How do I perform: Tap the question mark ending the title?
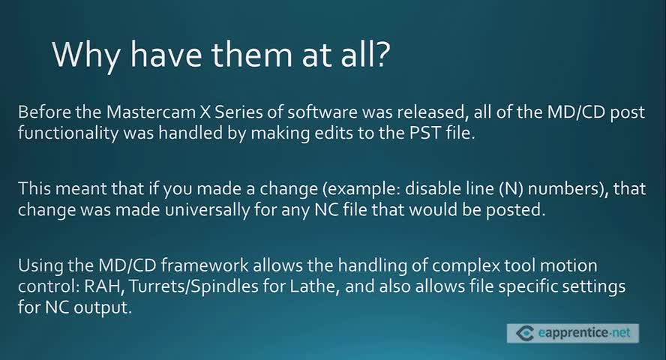[382, 53]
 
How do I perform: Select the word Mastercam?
[151, 112]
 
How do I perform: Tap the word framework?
[205, 265]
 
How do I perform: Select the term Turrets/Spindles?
[193, 287]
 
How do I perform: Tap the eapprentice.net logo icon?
[524, 333]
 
